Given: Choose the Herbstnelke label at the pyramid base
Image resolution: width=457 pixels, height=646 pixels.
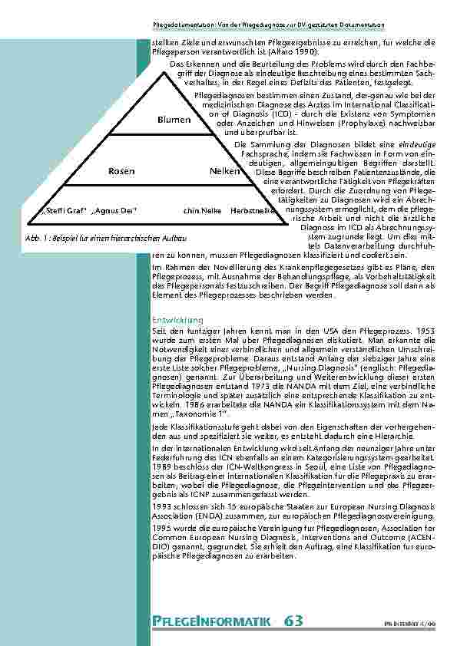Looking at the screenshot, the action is click(253, 209).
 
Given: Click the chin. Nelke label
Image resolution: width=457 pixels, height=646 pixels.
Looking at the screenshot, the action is click(203, 209).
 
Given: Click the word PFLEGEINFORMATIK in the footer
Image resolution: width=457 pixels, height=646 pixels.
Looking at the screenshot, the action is click(212, 621).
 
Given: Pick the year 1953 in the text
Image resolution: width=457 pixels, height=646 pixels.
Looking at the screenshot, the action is click(426, 328).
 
